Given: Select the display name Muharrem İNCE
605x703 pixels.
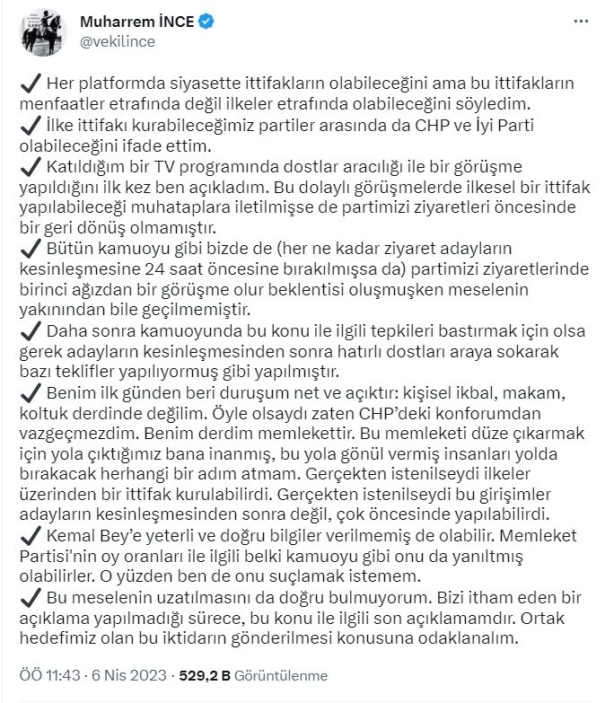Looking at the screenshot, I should [x=137, y=22].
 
